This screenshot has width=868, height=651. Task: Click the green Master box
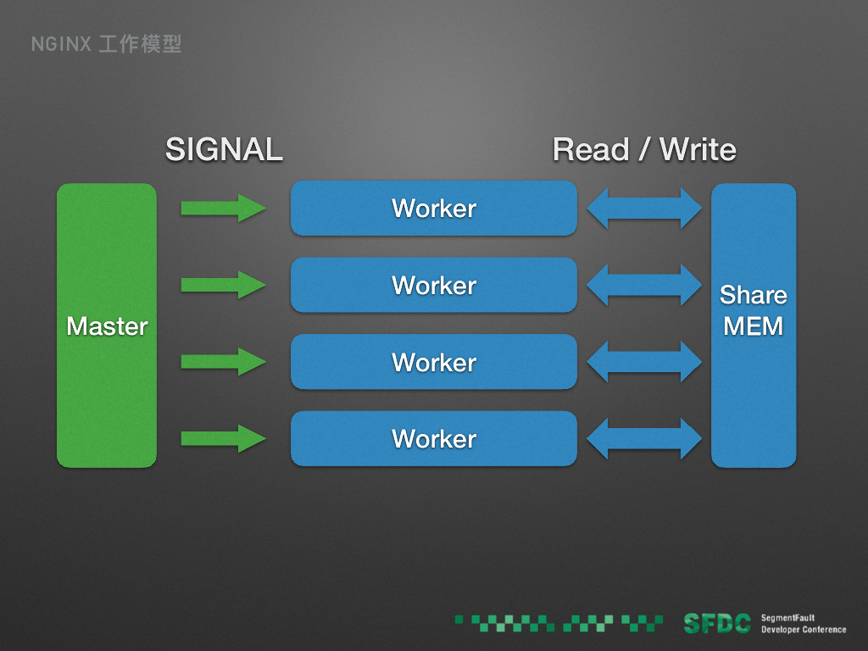[x=107, y=325]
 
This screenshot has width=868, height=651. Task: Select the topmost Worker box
[x=434, y=208]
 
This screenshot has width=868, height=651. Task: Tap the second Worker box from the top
[x=434, y=285]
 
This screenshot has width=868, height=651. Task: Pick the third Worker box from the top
[x=434, y=362]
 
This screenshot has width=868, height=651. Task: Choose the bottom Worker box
[x=434, y=438]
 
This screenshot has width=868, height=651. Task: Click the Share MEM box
[x=754, y=325]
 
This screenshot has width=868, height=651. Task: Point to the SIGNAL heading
[x=224, y=150]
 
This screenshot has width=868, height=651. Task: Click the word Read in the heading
[x=590, y=150]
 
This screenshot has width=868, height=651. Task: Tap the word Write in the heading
[x=698, y=150]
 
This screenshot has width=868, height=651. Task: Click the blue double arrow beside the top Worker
[x=644, y=208]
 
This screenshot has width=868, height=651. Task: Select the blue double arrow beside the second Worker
[x=644, y=285]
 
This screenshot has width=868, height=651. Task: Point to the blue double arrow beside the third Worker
[x=644, y=362]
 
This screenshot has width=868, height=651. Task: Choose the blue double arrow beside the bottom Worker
[x=644, y=438]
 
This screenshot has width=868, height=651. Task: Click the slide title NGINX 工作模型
[x=107, y=44]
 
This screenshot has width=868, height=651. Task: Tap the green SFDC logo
[x=717, y=624]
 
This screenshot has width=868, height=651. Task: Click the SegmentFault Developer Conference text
[x=803, y=624]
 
